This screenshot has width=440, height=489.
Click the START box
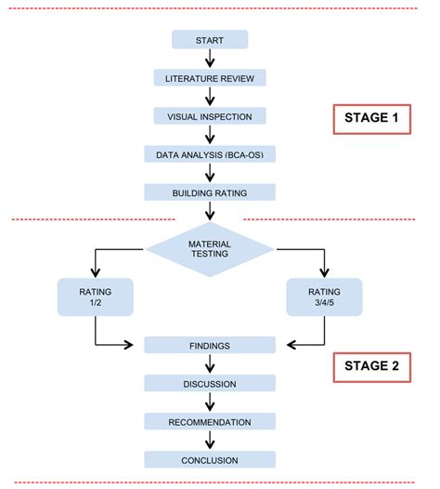pos(210,39)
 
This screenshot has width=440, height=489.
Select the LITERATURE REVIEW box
pos(210,77)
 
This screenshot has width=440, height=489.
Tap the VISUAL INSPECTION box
pos(210,115)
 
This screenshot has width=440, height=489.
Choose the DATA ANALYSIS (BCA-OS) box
pos(210,153)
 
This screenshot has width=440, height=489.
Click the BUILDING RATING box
pos(210,192)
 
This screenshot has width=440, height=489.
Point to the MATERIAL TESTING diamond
pos(210,248)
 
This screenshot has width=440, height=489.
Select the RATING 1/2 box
pos(96,297)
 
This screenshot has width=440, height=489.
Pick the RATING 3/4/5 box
pos(325,297)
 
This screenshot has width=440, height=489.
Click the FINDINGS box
pos(210,345)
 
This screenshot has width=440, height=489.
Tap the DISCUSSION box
pos(210,383)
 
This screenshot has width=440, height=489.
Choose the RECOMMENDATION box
pos(210,421)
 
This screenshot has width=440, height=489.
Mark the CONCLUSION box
pos(210,459)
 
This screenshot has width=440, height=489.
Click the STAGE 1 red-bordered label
pos(371,120)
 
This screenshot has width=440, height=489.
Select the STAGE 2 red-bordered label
pos(371,365)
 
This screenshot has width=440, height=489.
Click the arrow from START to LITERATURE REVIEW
pos(210,59)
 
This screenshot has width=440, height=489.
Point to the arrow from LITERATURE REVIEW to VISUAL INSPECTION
pos(210,97)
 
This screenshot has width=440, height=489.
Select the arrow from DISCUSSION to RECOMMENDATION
pos(210,403)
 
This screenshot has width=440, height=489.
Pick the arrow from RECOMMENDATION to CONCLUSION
pos(210,441)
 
